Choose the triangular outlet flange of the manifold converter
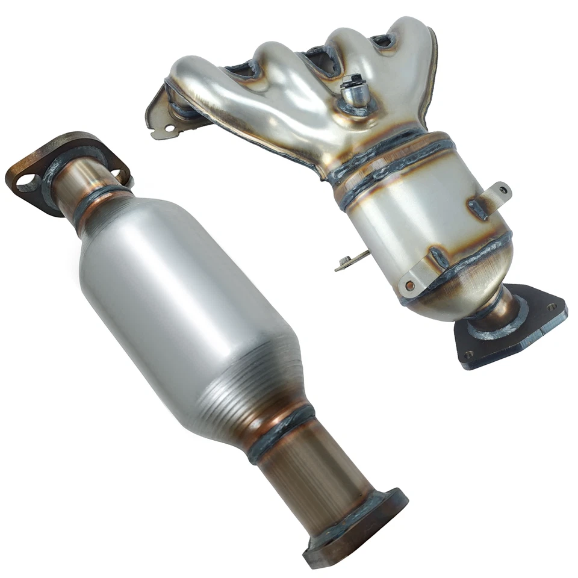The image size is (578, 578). [x=512, y=328]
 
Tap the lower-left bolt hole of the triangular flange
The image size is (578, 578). [x=469, y=354]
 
